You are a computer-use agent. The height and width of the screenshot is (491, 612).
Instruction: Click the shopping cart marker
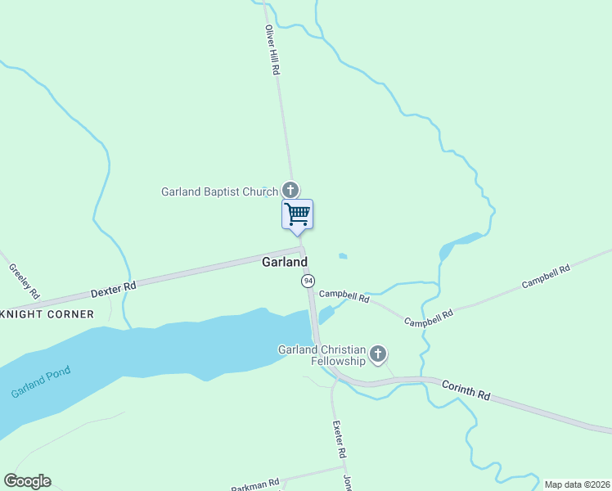[x=298, y=214]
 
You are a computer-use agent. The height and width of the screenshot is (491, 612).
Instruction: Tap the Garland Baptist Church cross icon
[x=290, y=190]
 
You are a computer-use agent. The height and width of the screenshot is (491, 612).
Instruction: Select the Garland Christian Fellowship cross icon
[x=377, y=354]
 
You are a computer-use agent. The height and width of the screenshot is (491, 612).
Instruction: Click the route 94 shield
[x=307, y=281]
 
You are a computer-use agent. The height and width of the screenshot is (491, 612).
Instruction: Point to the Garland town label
[x=285, y=262]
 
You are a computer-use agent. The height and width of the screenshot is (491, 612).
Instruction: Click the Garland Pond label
[x=41, y=381]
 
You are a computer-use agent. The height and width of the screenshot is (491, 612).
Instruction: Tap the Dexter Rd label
[x=113, y=288]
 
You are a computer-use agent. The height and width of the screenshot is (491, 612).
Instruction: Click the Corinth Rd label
[x=466, y=390]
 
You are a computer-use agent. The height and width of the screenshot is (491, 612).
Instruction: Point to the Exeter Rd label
[x=339, y=439]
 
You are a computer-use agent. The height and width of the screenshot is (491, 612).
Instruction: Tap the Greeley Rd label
[x=24, y=280]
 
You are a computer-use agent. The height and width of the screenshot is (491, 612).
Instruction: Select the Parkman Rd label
[x=255, y=485]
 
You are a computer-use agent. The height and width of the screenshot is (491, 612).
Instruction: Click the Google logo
[x=27, y=481]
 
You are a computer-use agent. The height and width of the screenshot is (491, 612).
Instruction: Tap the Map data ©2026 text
[x=577, y=484]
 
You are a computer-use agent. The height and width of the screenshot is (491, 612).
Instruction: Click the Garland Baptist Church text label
[x=219, y=191]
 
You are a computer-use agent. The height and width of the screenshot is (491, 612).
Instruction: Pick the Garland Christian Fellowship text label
[x=321, y=355]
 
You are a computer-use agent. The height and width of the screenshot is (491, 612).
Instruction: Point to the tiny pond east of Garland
[x=343, y=256]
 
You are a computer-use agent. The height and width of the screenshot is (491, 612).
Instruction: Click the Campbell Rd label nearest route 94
[x=344, y=296]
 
